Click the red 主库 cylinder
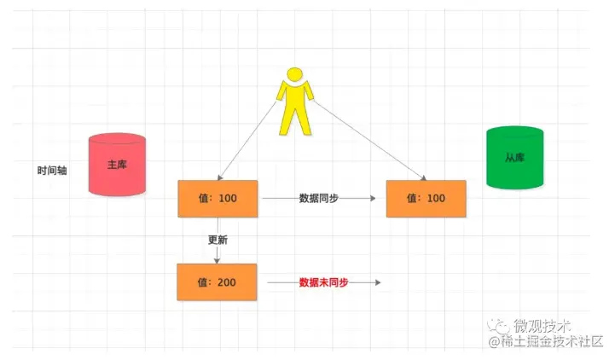click(x=117, y=165)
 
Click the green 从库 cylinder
click(x=513, y=157)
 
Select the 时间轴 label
click(x=52, y=170)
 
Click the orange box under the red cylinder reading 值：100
click(x=216, y=199)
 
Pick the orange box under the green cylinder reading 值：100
click(x=426, y=199)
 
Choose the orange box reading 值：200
click(x=216, y=282)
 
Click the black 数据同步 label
click(x=318, y=198)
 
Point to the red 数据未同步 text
click(x=323, y=282)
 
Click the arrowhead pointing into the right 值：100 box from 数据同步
click(x=372, y=198)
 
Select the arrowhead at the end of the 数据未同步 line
click(x=375, y=282)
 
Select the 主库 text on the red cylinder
click(x=117, y=165)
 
